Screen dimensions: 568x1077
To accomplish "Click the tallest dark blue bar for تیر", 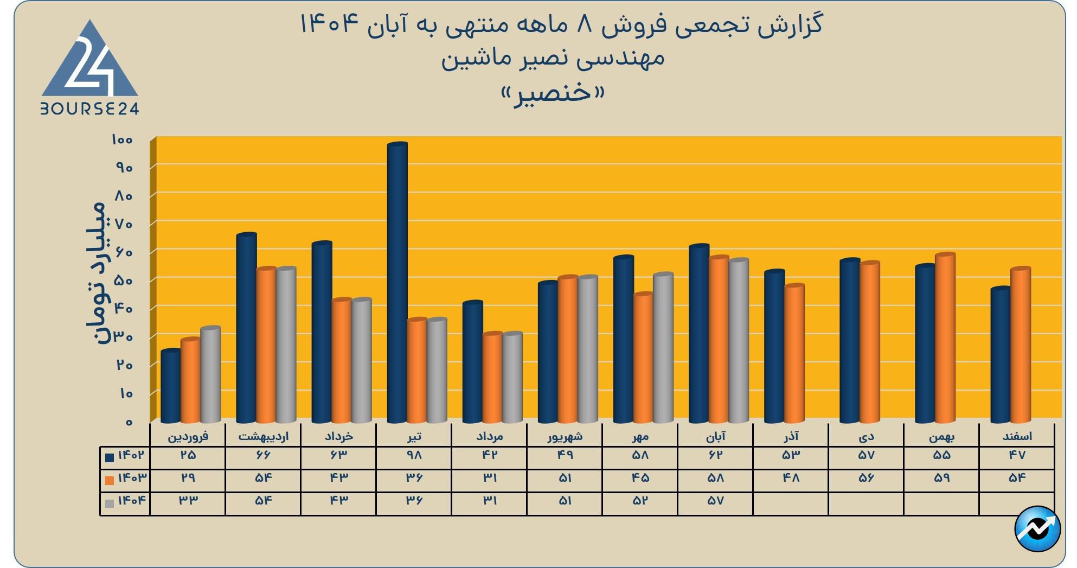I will click(x=398, y=282).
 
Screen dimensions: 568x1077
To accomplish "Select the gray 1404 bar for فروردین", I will click(x=210, y=374).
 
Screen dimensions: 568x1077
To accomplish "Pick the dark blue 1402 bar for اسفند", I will click(x=1001, y=355).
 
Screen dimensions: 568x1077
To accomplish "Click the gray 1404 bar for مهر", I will click(x=663, y=347).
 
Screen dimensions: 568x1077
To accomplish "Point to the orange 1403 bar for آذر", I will click(x=794, y=353).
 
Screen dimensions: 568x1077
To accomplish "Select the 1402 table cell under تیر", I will click(x=414, y=456).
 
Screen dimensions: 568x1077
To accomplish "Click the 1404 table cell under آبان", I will click(x=715, y=501).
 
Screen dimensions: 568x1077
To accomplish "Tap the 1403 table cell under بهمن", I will click(x=941, y=478).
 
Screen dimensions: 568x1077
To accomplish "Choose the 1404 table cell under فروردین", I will click(x=188, y=501).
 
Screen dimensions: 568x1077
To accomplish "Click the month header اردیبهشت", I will click(x=264, y=436).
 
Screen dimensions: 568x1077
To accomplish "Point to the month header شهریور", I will click(x=565, y=436).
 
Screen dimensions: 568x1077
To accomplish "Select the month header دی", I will click(x=866, y=436).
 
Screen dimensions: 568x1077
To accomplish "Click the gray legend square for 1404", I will click(x=110, y=503).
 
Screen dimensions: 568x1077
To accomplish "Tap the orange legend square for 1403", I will click(x=110, y=480).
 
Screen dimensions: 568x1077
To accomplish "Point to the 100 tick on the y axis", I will click(x=122, y=140).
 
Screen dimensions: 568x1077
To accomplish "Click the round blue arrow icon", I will click(x=1037, y=529).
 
